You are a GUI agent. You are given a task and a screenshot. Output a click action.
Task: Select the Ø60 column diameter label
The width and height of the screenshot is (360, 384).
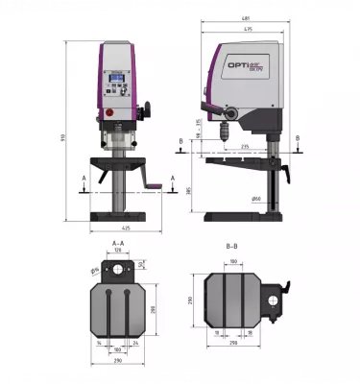pos(256,198)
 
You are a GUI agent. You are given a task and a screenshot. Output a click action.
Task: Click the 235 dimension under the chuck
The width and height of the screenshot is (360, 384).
pos(246,146)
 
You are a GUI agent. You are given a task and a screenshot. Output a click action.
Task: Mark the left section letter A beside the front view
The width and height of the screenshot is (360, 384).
pos(84,178)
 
